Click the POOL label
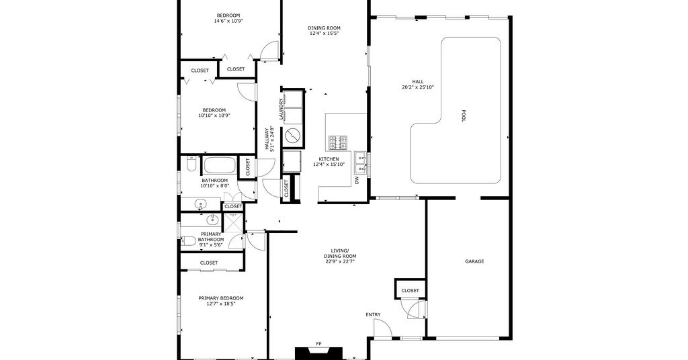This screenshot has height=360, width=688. (464, 116)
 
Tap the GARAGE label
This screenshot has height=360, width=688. (474, 261)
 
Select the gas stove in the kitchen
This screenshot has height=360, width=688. (338, 142)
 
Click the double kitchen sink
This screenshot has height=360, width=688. (361, 163)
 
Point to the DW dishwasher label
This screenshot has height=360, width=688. (357, 180)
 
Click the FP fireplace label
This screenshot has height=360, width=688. (318, 343)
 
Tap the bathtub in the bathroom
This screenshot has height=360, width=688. (220, 165)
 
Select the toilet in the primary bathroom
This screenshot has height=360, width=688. (189, 240)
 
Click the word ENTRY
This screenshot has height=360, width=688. (373, 314)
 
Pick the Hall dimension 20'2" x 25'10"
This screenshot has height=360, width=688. (418, 87)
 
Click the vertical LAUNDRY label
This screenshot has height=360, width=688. (281, 109)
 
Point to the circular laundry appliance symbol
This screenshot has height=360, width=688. (292, 136)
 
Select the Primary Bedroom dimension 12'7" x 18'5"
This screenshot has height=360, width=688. (220, 304)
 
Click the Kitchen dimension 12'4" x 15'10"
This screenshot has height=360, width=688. (329, 165)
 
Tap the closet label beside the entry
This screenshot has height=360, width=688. (410, 290)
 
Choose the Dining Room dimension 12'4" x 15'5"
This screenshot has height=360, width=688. (325, 34)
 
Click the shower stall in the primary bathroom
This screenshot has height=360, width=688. (233, 222)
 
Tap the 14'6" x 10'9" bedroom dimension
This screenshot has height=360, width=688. (228, 21)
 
